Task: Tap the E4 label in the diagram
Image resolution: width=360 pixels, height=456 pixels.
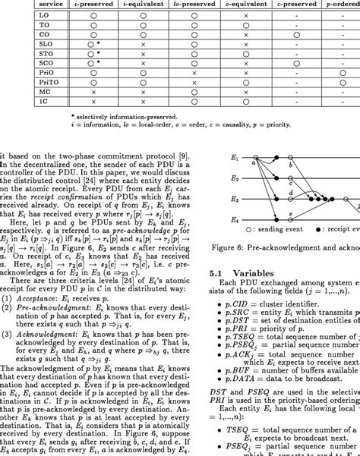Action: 235,220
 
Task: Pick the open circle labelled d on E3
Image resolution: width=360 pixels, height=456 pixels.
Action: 290,200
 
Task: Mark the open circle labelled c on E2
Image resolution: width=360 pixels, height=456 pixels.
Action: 290,180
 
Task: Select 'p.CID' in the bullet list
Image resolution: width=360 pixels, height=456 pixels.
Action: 237,301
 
